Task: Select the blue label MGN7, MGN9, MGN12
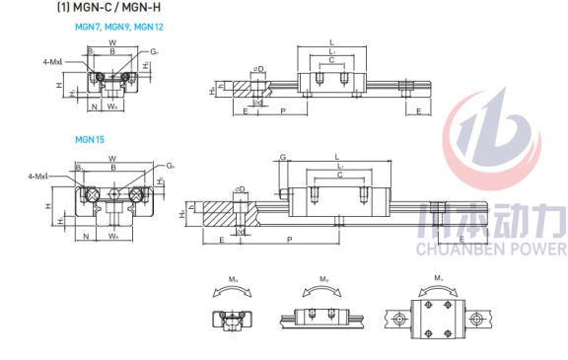point(119,28)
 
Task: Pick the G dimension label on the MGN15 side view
point(282,157)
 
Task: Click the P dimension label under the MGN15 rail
point(289,240)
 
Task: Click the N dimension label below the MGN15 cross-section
point(87,237)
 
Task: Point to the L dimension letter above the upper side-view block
point(331,41)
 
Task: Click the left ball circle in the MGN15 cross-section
point(88,193)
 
